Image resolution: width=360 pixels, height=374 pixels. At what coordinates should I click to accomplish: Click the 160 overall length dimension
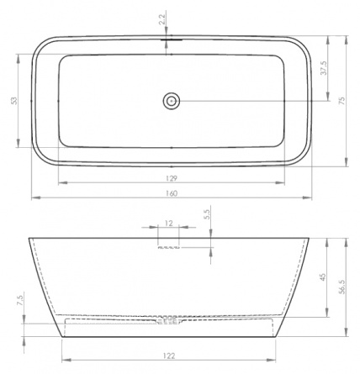172,193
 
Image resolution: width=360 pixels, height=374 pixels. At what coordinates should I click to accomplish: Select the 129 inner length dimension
172,178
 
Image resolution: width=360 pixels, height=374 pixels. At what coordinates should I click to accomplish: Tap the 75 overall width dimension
342,101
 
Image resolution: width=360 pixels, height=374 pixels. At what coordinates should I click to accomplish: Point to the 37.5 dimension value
324,68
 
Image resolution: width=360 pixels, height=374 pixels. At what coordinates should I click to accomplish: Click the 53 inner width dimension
14,101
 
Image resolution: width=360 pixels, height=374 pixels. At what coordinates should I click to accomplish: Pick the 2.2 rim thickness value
162,19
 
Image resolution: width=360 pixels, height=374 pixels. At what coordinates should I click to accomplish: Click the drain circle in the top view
171,101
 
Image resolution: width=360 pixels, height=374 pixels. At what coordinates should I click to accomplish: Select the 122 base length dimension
169,356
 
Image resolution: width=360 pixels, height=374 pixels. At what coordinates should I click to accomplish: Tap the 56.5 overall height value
342,287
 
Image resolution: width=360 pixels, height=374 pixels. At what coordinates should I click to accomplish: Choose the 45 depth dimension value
323,277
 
